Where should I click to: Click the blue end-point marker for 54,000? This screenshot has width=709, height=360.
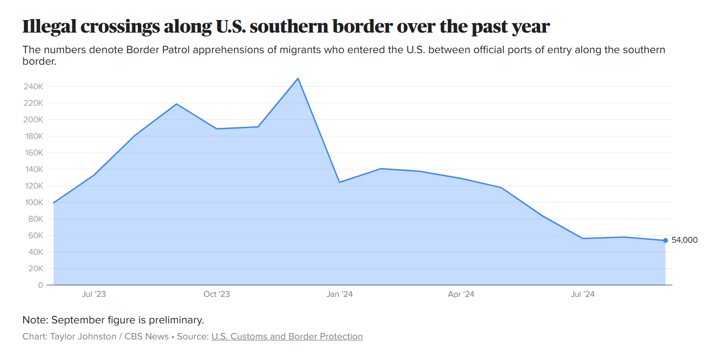(x=665, y=240)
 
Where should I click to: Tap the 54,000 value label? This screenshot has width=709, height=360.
(x=684, y=240)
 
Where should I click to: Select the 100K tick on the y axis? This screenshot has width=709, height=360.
(x=34, y=203)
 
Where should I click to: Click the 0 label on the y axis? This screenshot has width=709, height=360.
(x=40, y=285)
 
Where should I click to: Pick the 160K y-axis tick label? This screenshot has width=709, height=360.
(x=34, y=153)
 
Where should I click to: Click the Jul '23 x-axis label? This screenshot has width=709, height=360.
(x=94, y=294)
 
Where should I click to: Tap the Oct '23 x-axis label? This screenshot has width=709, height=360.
(x=216, y=294)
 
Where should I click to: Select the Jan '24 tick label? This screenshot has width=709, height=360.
(x=339, y=294)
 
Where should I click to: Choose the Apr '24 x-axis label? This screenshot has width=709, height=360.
(x=461, y=294)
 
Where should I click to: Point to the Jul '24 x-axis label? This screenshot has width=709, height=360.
(x=583, y=294)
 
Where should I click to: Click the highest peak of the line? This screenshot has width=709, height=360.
(x=298, y=78)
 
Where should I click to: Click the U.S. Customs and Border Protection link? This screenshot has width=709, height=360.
(x=287, y=336)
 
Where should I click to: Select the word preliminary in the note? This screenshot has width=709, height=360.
(x=175, y=320)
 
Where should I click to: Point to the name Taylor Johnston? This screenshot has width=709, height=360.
(x=83, y=336)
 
